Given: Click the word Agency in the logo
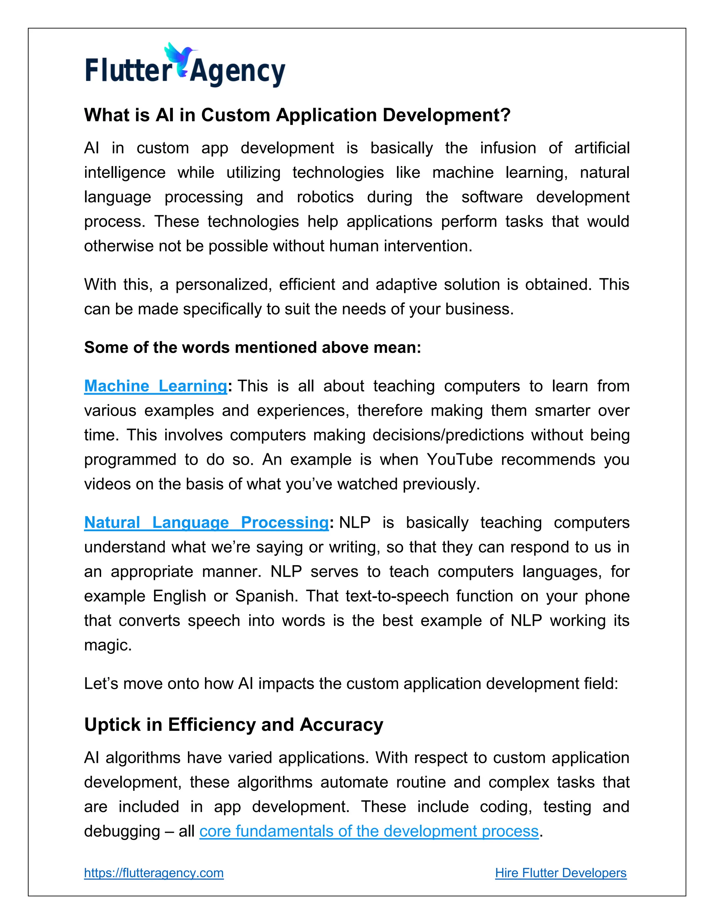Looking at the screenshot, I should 238,72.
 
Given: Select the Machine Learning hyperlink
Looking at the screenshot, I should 155,386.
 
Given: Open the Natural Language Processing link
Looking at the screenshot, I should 206,523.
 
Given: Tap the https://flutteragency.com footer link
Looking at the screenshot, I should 153,872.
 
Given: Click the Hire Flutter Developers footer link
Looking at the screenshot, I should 561,872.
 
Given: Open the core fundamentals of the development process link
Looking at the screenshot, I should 369,831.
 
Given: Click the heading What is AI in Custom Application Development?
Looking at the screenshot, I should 297,115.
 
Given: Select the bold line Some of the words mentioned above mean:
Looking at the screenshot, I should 252,347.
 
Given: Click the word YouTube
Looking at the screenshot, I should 459,460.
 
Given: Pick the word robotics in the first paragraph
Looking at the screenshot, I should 325,197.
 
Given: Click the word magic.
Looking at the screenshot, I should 107,645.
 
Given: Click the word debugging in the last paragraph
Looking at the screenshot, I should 122,831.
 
